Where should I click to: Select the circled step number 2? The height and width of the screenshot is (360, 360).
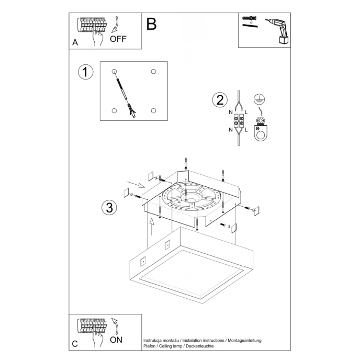220,100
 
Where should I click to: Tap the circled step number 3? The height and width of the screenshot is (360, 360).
108,207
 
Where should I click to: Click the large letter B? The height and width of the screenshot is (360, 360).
152,24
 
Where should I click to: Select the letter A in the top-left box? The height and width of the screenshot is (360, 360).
75,43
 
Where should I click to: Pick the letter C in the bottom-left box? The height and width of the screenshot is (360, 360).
75,344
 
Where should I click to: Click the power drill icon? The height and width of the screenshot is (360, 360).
277,30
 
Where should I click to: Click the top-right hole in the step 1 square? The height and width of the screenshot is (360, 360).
153,71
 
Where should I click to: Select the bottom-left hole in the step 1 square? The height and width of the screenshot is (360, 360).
114,110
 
